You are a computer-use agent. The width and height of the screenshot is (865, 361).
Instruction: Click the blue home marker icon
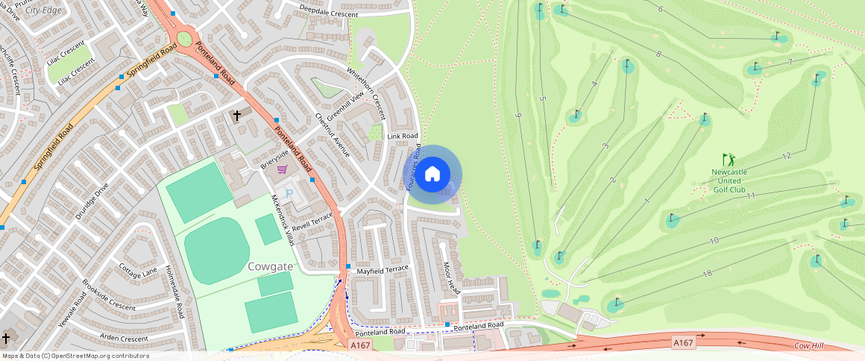432,175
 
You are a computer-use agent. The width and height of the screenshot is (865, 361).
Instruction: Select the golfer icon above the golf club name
729,160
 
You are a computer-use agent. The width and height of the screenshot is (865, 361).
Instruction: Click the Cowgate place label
269,266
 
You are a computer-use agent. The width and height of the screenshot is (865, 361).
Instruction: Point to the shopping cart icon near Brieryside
282,169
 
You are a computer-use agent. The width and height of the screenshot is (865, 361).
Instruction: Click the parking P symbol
290,194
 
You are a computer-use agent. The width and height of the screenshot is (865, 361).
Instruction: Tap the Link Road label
403,136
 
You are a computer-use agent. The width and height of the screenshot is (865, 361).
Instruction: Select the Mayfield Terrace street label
383,270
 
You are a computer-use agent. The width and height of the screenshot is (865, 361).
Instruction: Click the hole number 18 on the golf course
707,274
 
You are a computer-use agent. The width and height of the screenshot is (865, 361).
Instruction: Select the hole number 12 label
786,155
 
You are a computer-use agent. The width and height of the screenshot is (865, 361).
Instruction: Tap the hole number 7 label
789,61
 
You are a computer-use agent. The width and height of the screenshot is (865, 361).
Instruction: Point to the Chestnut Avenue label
332,135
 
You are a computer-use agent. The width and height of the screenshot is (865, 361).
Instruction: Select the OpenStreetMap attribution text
75,356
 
